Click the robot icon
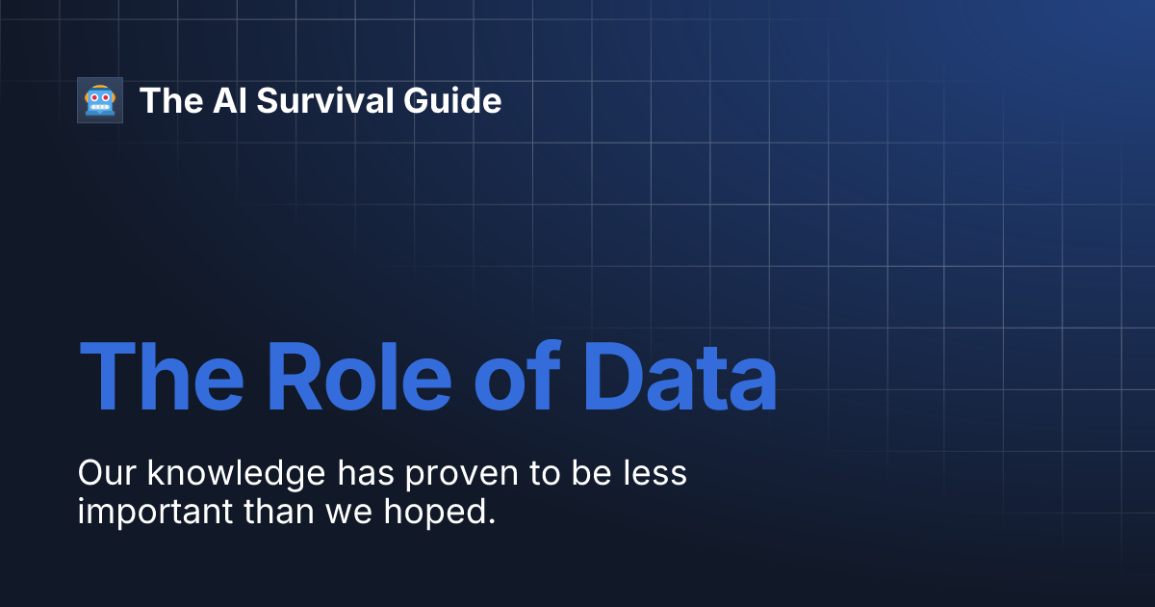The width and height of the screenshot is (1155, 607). coord(100,100)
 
